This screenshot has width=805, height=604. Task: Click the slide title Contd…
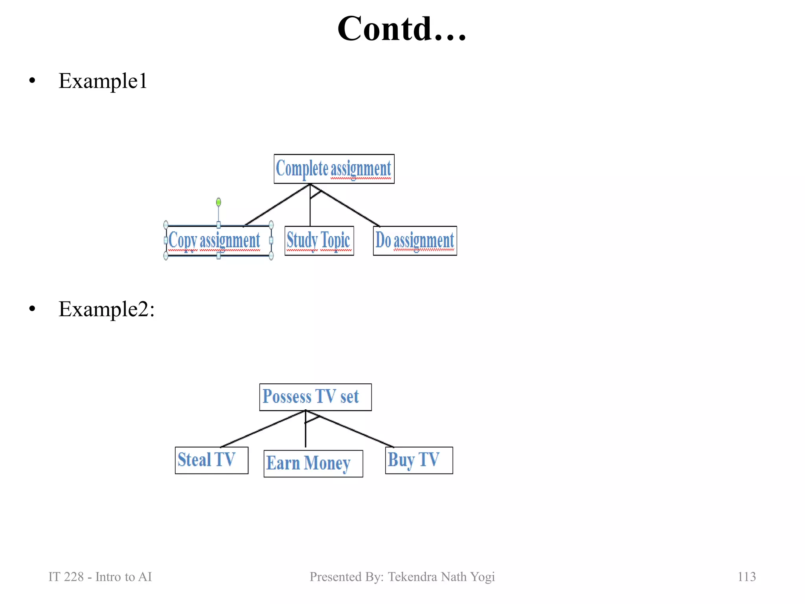(x=402, y=29)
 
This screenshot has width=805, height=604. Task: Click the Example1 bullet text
(x=103, y=81)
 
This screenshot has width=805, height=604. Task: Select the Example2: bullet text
(x=107, y=309)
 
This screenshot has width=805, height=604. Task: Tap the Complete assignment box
(x=334, y=169)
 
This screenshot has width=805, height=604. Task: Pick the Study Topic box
(x=319, y=241)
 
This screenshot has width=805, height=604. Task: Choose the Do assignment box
(x=415, y=241)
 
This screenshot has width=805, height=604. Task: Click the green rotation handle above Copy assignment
(x=219, y=202)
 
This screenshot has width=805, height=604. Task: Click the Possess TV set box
(x=315, y=397)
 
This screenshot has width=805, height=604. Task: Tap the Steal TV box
(x=211, y=460)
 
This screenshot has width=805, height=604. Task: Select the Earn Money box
(x=313, y=463)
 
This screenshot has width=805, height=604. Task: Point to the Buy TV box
(x=419, y=460)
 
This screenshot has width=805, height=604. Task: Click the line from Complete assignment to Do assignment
(x=350, y=208)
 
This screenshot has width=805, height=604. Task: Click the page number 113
(x=746, y=576)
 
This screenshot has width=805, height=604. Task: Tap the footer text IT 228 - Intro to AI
(x=100, y=576)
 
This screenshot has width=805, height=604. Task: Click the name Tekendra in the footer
(x=413, y=576)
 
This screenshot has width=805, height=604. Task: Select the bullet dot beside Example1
(x=32, y=81)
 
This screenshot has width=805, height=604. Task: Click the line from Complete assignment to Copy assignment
(x=277, y=205)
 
